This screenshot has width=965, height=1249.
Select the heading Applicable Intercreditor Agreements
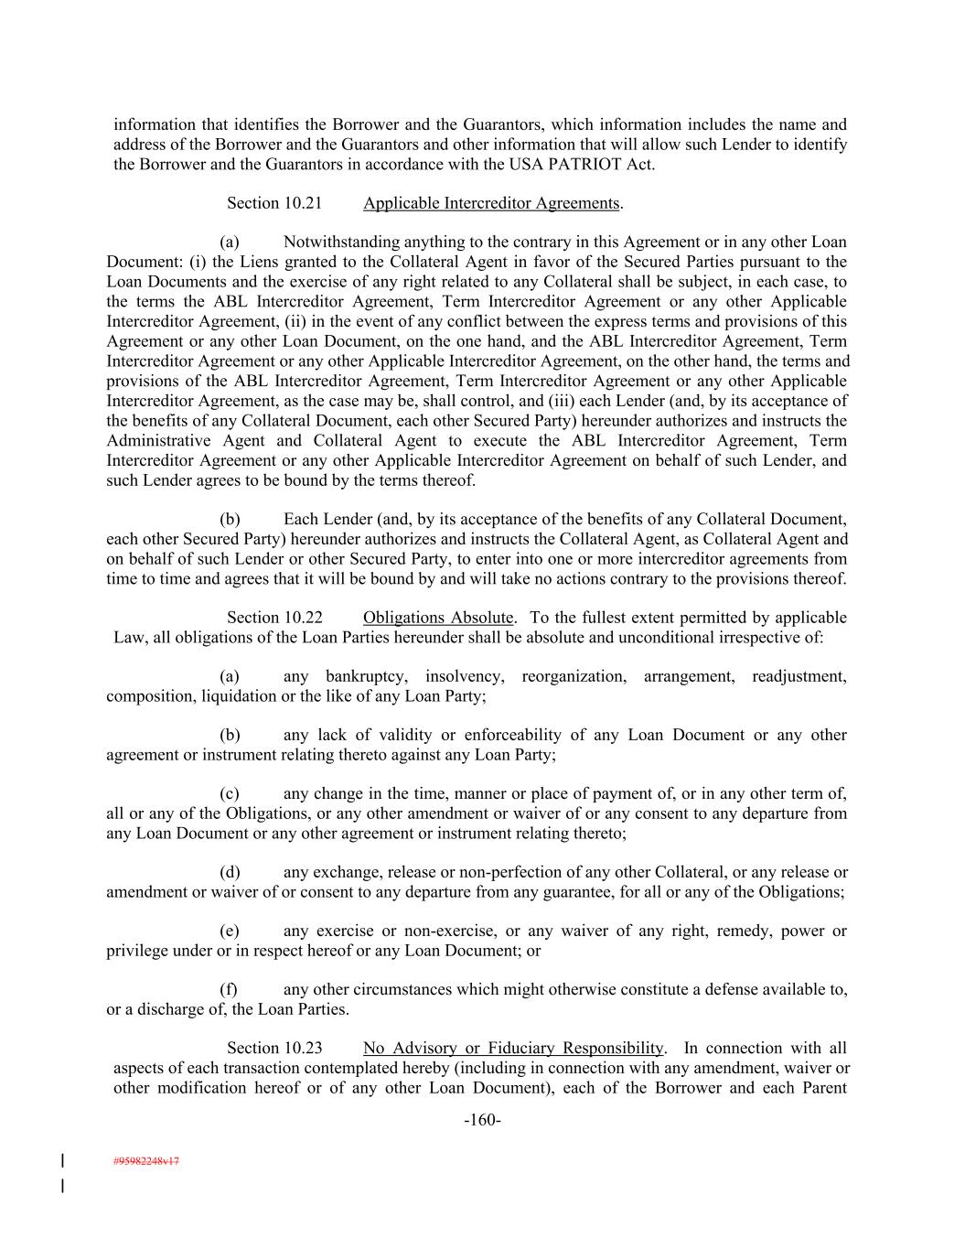[x=491, y=203]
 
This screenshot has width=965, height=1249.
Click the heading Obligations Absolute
[x=438, y=618]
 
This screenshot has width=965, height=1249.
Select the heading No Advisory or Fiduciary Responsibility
[x=512, y=1049]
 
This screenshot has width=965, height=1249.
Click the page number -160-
[x=482, y=1120]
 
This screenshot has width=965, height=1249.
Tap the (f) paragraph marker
[x=229, y=989]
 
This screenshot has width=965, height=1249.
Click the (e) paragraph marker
[x=230, y=931]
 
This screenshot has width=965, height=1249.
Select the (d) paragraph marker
[x=230, y=872]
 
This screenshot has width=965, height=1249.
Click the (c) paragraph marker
[x=230, y=793]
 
